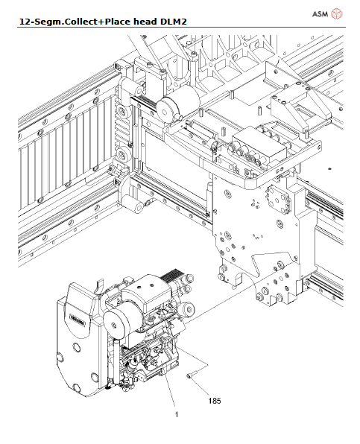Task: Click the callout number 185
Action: tap(215, 402)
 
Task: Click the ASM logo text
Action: tap(319, 13)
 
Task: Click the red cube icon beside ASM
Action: tap(337, 13)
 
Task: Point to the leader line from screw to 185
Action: tap(203, 388)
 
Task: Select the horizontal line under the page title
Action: tap(180, 28)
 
